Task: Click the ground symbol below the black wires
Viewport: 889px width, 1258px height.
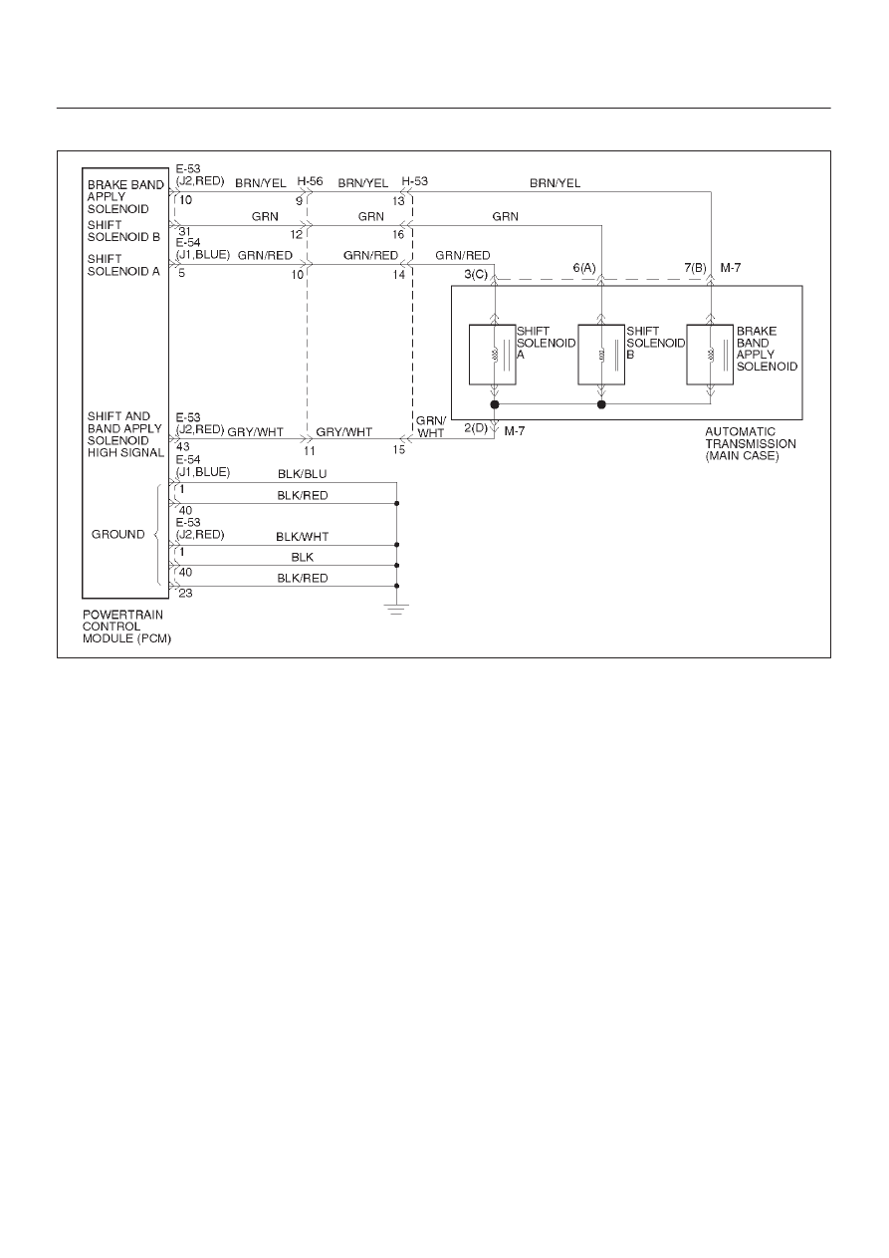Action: (x=396, y=610)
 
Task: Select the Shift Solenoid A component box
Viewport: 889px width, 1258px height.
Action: (x=492, y=355)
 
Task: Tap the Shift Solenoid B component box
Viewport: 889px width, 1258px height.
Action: (x=601, y=355)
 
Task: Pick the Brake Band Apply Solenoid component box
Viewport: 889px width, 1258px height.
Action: (x=710, y=355)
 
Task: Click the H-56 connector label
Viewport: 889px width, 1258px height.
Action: (x=310, y=181)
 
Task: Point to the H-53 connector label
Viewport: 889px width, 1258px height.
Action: (x=415, y=181)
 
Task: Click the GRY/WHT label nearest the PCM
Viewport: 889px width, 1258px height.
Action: (x=256, y=432)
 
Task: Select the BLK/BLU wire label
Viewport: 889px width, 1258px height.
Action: (x=302, y=474)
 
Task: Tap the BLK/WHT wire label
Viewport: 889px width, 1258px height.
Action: (x=302, y=537)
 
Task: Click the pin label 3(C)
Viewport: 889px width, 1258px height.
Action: (x=476, y=275)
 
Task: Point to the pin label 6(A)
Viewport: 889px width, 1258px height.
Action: (x=584, y=268)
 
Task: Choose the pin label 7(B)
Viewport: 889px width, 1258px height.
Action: (x=695, y=268)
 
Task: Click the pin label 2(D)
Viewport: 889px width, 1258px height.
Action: (x=476, y=428)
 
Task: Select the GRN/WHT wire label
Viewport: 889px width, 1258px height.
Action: (x=431, y=427)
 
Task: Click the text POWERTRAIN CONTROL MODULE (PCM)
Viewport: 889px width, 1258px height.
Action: (x=126, y=627)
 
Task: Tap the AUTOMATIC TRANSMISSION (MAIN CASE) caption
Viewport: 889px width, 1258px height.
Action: (x=751, y=443)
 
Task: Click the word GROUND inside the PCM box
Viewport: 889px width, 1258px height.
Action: (x=117, y=534)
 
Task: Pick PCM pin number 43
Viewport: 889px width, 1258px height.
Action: (x=183, y=447)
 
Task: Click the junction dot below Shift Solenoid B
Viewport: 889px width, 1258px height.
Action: (x=601, y=404)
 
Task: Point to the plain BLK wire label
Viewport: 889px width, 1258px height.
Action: (x=302, y=557)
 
